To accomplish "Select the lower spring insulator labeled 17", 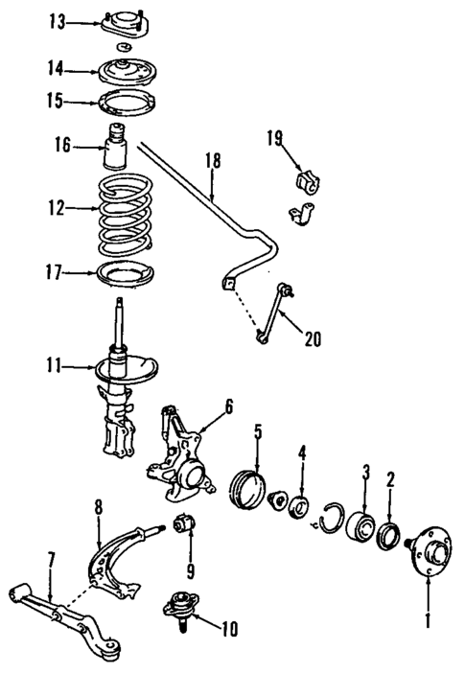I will [125, 275].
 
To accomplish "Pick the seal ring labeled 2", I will [392, 534].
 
